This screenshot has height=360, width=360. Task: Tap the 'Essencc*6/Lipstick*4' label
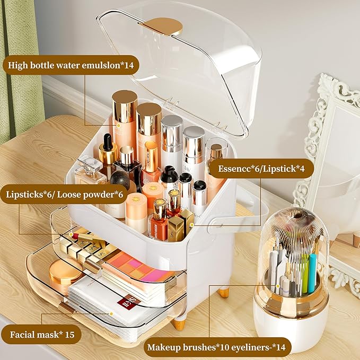coord(260,169)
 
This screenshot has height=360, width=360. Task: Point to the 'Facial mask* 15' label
coord(41,335)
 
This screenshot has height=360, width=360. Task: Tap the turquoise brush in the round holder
coord(312,273)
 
